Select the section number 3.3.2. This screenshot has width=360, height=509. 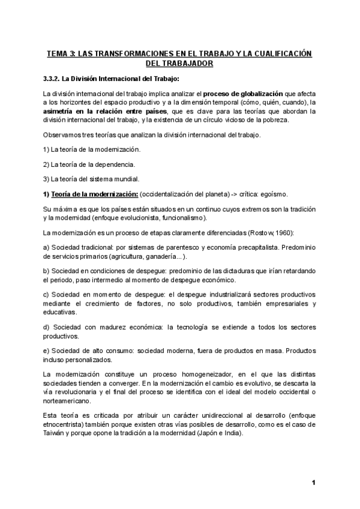55,78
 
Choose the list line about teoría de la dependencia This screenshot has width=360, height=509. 89,164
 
